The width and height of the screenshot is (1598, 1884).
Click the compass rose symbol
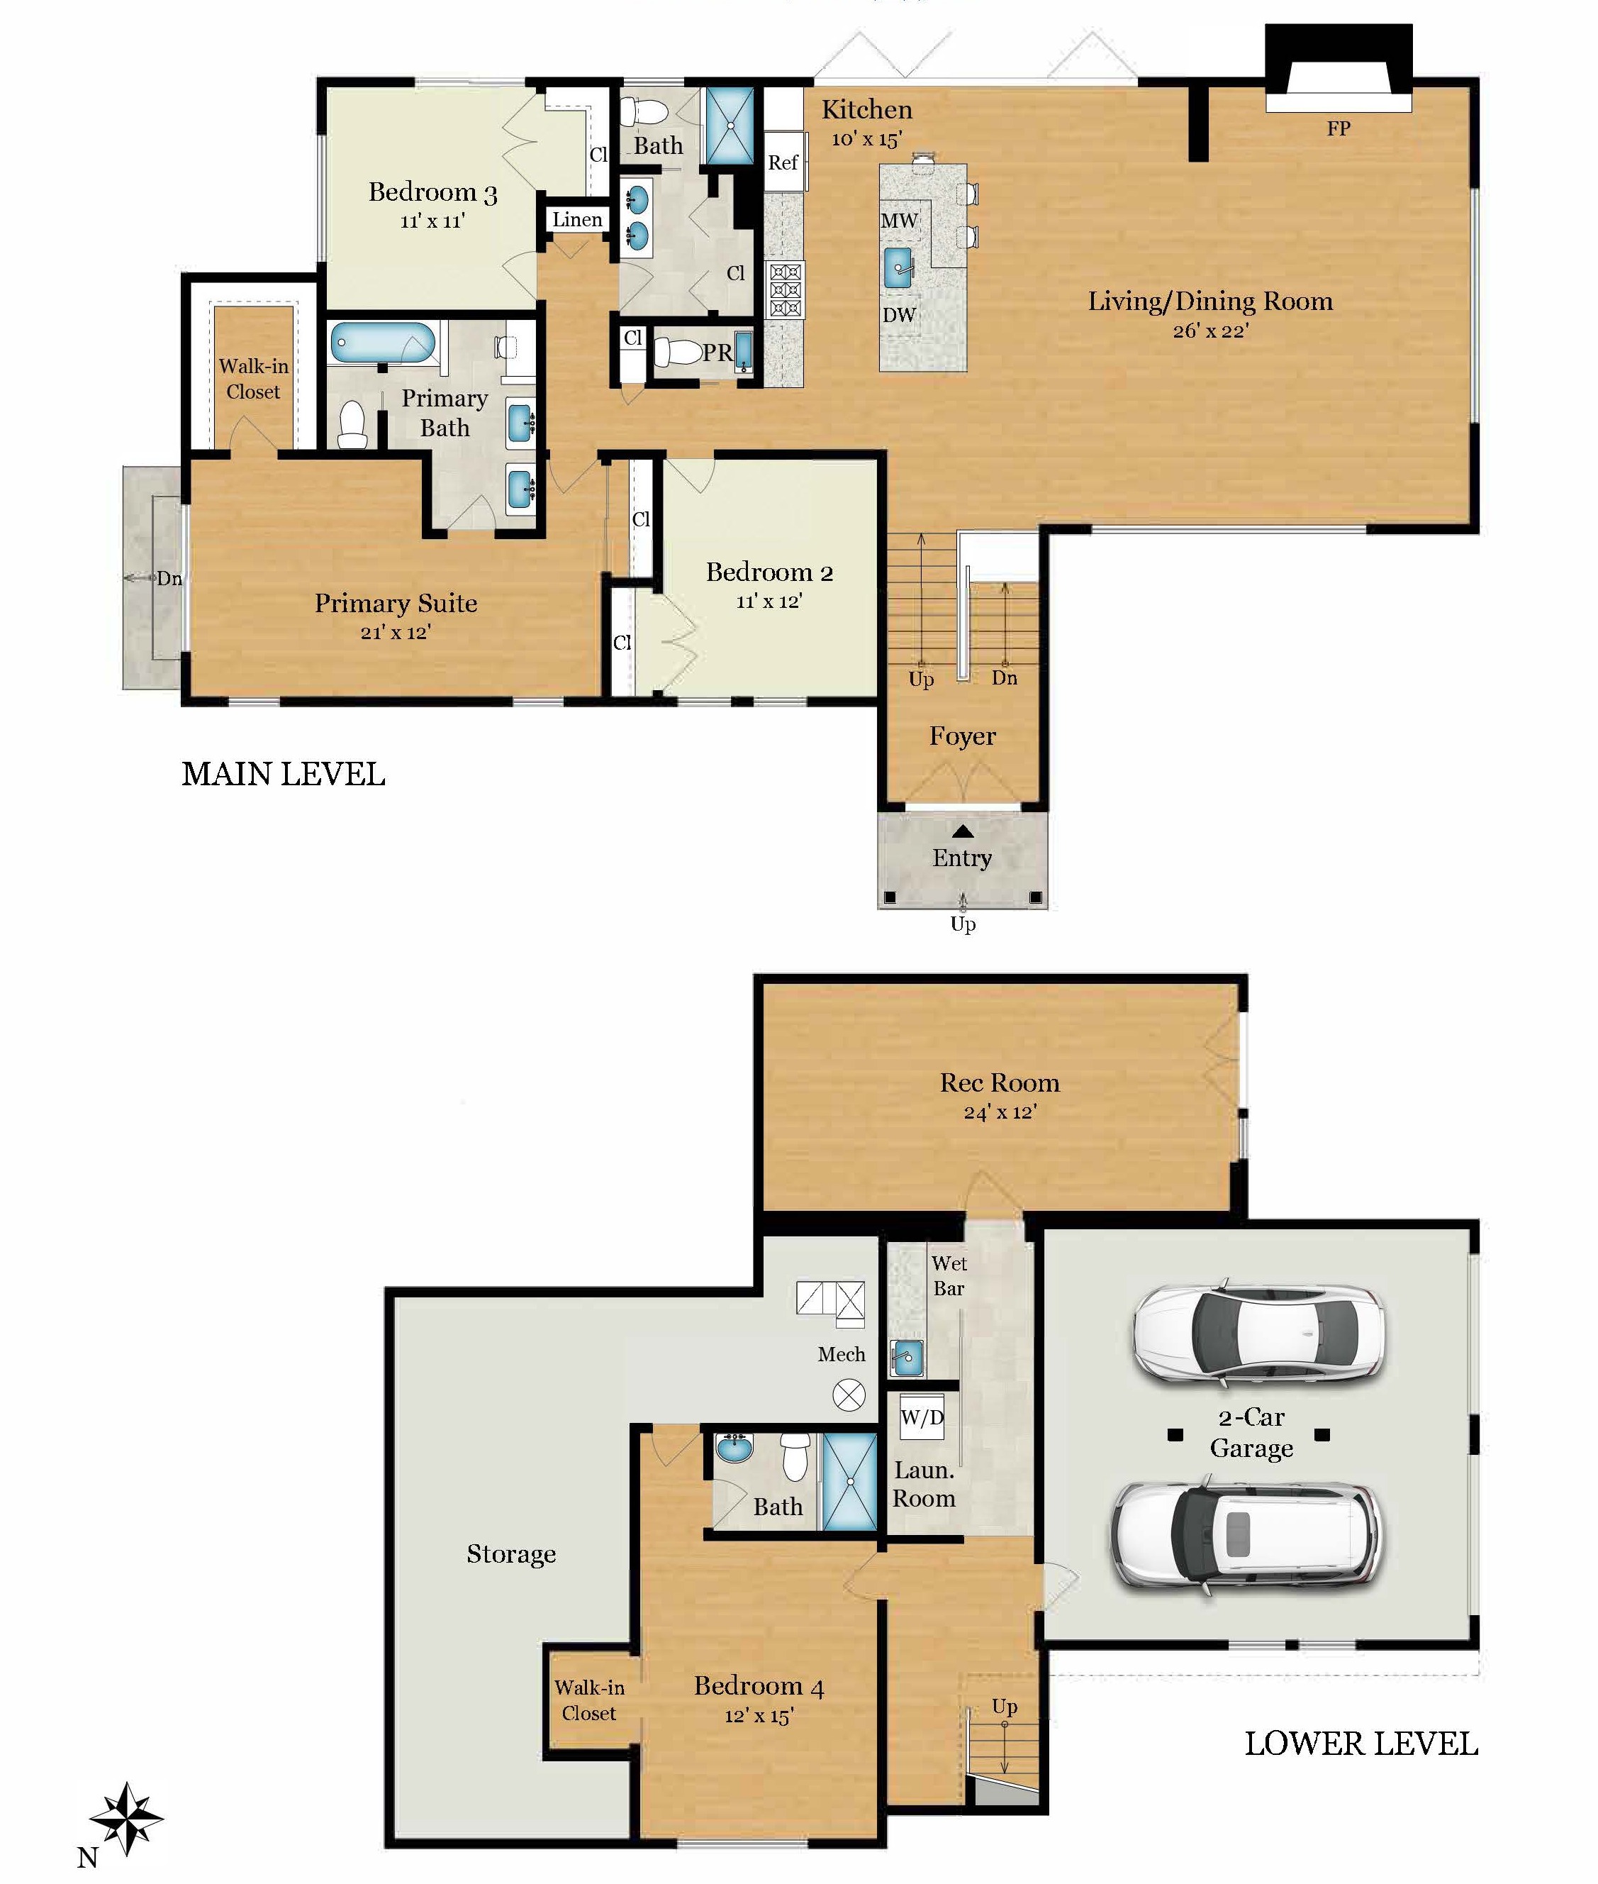point(127,1819)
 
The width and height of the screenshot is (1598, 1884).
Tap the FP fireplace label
point(1338,128)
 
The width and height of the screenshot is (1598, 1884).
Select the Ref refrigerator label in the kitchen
point(783,162)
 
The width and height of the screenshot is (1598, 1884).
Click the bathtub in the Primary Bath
point(382,343)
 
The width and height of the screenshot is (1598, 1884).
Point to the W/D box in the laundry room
point(922,1417)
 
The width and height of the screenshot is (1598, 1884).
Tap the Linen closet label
point(577,219)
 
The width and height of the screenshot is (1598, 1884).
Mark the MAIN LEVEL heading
point(284,774)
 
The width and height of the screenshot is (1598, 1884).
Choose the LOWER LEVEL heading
point(1360,1744)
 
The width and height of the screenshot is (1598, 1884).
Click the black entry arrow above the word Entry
point(963,831)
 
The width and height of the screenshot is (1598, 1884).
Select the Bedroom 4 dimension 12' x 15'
point(759,1715)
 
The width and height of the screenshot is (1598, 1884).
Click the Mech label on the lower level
point(841,1354)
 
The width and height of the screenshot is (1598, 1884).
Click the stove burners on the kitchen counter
point(785,290)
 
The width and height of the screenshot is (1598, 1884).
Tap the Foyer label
point(962,736)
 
